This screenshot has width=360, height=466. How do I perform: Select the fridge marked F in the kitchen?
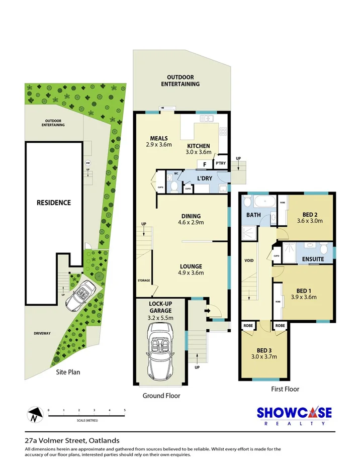[204, 164]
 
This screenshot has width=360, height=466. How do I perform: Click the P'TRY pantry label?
[220, 163]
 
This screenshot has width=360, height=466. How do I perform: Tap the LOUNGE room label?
[191, 270]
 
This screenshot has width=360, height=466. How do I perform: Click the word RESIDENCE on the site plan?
[53, 203]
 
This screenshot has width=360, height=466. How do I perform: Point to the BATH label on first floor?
[253, 215]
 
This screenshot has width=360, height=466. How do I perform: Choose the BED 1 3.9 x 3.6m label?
[303, 293]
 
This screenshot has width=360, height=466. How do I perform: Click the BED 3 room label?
[263, 353]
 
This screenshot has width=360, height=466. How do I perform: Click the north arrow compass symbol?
[34, 415]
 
